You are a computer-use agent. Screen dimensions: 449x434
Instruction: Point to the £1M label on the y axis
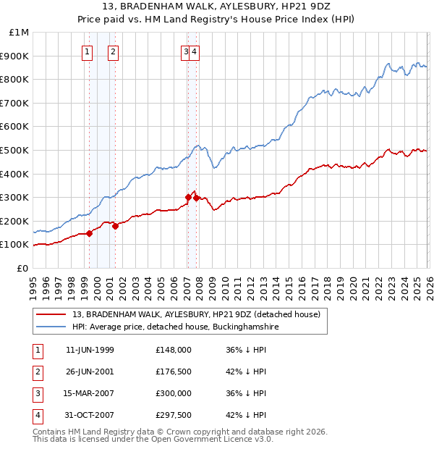[x=20, y=33]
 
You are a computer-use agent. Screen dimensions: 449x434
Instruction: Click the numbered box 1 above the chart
[x=88, y=51]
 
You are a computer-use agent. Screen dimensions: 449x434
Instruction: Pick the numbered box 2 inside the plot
[x=114, y=51]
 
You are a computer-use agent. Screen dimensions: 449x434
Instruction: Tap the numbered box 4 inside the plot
[x=195, y=51]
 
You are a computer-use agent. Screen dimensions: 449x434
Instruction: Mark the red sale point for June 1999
[x=90, y=233]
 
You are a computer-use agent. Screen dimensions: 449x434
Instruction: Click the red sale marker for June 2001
[x=116, y=227]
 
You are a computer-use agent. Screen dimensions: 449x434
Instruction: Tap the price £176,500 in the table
[x=174, y=372]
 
